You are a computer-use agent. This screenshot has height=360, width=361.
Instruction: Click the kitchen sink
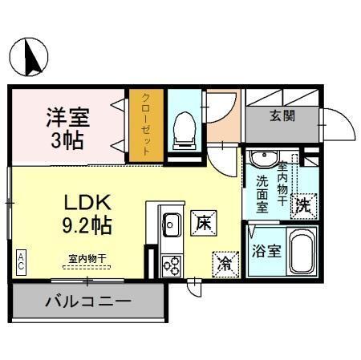[171, 224]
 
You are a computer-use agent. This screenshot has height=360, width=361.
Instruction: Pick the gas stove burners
[172, 264]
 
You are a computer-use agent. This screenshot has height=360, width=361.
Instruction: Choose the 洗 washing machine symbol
[305, 205]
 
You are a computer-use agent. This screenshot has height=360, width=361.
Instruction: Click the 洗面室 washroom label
[262, 194]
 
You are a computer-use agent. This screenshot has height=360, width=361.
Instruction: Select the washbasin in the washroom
[262, 158]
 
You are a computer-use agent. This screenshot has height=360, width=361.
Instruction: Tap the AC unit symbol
[20, 259]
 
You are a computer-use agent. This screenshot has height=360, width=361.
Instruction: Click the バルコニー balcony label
[87, 303]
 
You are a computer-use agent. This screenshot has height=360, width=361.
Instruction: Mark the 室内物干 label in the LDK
[86, 257]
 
